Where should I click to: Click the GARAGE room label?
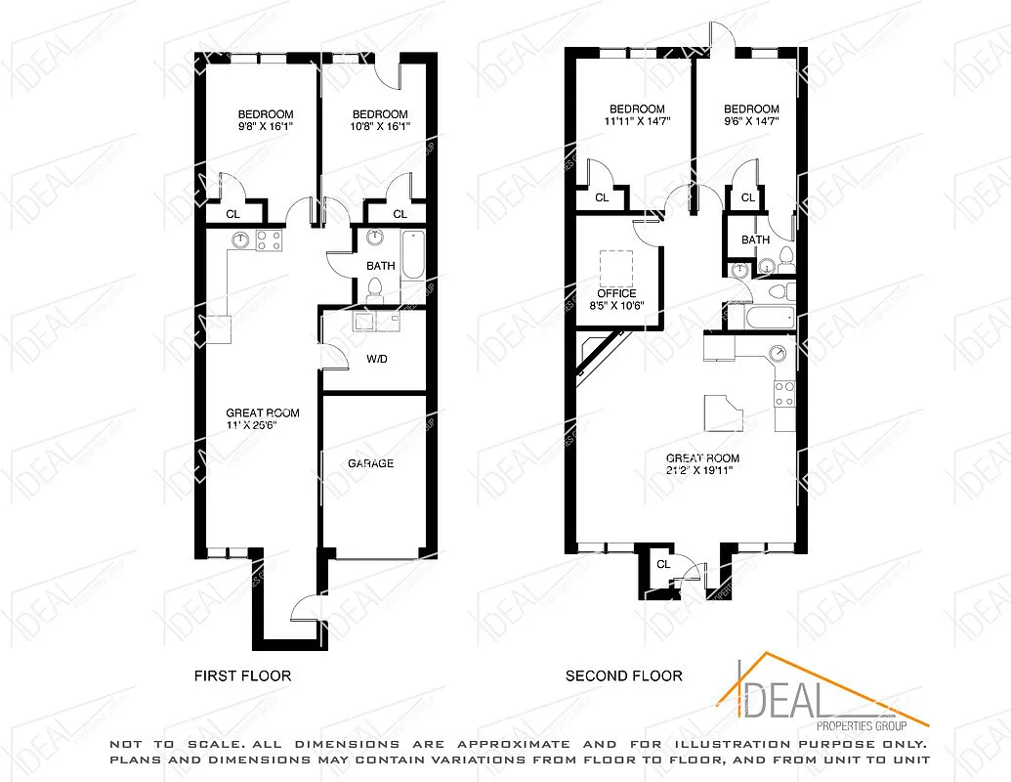[x=371, y=463]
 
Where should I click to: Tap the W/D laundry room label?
[x=377, y=359]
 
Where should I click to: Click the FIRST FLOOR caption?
[x=242, y=675]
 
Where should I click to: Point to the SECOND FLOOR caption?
[x=624, y=675]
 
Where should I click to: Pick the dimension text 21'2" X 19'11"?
[x=701, y=471]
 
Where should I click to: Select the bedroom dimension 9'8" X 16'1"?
[x=265, y=126]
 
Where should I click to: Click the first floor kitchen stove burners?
[x=269, y=240]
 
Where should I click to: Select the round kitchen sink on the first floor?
[x=239, y=239]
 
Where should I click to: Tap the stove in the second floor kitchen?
[x=784, y=394]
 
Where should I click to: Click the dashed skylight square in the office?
[x=614, y=266]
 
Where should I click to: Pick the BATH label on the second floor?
[x=755, y=240]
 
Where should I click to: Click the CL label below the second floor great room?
[x=663, y=564]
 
